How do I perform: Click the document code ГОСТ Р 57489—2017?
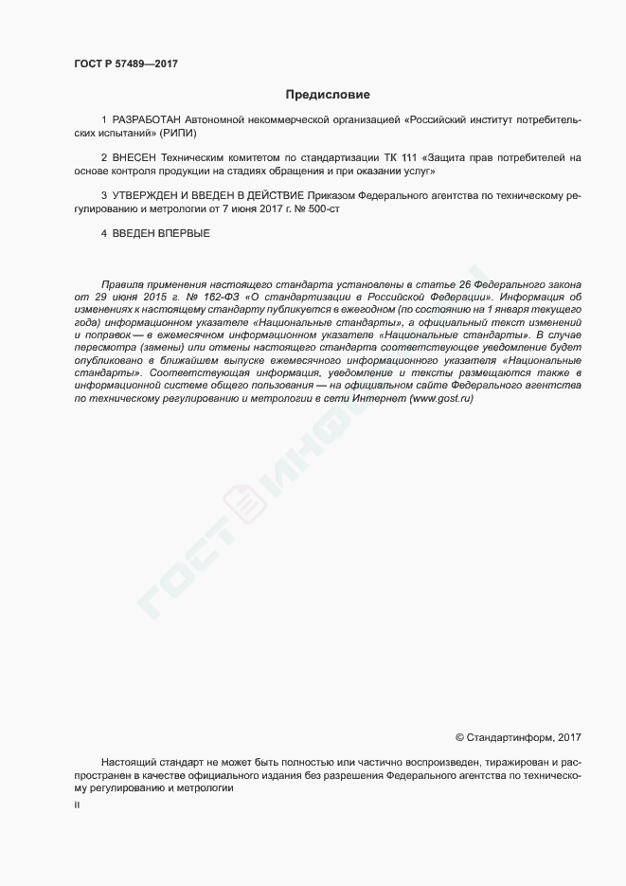(x=126, y=63)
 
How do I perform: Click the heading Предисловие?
(x=328, y=95)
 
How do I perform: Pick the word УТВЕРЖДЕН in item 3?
(x=144, y=195)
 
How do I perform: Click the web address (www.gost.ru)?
(x=441, y=399)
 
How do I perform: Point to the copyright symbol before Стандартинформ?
(x=459, y=737)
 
